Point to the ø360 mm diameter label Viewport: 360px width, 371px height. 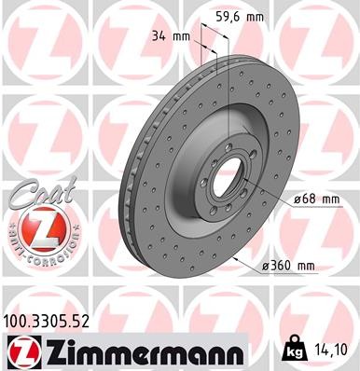pyautogui.click(x=294, y=268)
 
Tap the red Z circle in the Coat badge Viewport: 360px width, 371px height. pyautogui.click(x=34, y=228)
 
